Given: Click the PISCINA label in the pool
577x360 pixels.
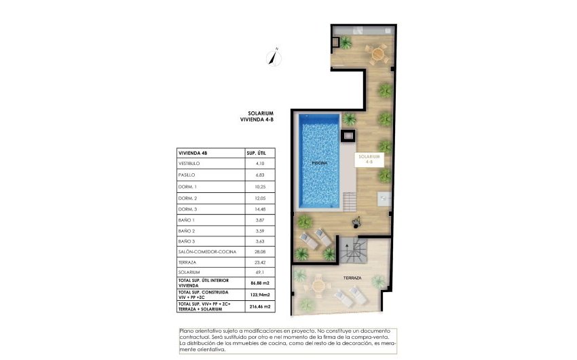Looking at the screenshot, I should point(320,164).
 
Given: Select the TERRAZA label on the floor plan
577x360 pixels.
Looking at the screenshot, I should point(352,278).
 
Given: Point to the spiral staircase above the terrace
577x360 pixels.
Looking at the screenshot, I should point(355,250).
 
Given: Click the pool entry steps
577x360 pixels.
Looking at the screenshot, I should point(349,202).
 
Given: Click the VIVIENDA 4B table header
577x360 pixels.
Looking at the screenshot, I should point(193,154).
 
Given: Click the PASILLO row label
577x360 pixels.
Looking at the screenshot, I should point(187,175).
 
